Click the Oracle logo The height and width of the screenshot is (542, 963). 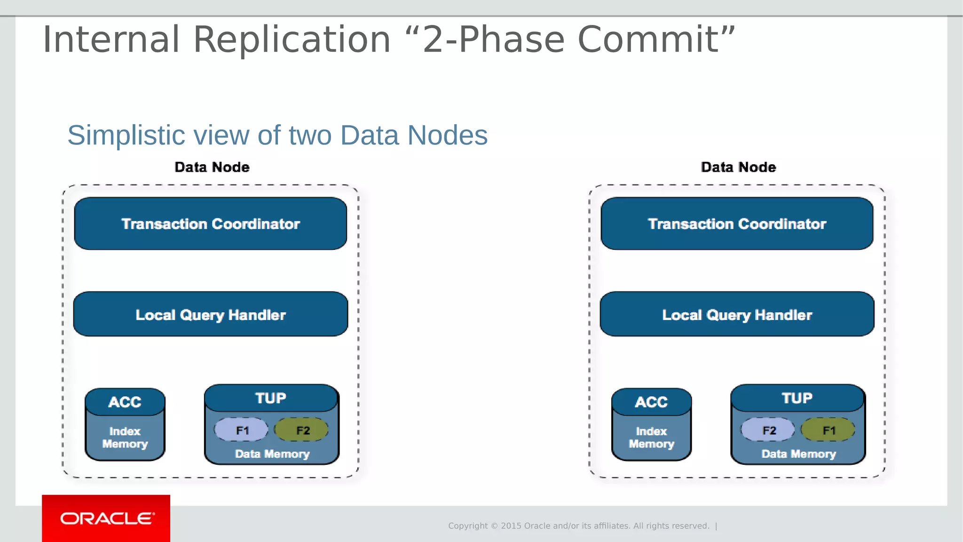[x=106, y=518]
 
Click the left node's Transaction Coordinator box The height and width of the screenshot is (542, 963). [x=210, y=223]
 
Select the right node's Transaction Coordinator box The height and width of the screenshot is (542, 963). [x=737, y=223]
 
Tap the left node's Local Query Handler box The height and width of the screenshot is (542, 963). [x=210, y=314]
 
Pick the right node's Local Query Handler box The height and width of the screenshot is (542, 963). [x=737, y=314]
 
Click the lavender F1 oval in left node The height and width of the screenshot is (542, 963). [x=241, y=430]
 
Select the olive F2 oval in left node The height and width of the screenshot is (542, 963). [x=302, y=430]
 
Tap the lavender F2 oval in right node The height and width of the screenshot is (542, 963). [x=768, y=430]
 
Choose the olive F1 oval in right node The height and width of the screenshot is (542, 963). [x=828, y=430]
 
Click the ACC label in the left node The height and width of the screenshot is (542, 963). [x=125, y=402]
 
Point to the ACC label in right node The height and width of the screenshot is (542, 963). [x=651, y=402]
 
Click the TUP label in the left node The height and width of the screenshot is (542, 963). [x=271, y=398]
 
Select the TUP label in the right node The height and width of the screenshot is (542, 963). [x=797, y=398]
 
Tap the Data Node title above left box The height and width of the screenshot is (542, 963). [x=212, y=167]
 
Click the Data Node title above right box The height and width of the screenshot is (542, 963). [x=738, y=167]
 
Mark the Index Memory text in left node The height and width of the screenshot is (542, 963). [x=125, y=438]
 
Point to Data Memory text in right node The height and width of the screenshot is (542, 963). [x=798, y=454]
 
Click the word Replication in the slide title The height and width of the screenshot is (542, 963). [x=292, y=40]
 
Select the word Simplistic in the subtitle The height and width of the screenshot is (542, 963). [x=126, y=135]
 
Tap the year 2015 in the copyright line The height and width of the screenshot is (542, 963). [x=511, y=526]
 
